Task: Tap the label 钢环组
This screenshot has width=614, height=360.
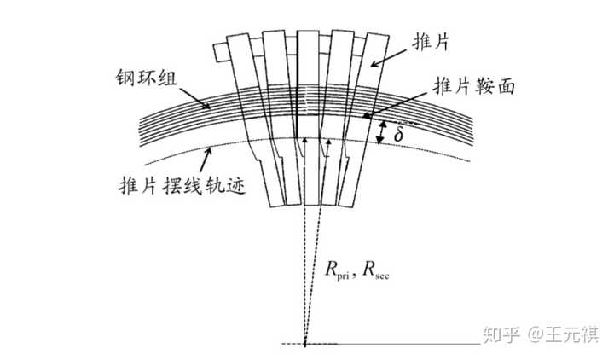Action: tap(147, 78)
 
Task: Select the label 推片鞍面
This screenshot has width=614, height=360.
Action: tap(473, 86)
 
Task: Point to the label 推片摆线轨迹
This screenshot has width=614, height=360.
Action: tap(182, 184)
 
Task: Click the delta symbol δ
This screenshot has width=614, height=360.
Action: tap(398, 135)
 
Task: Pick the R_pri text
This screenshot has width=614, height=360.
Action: tap(337, 270)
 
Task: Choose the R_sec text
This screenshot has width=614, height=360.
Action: tap(376, 270)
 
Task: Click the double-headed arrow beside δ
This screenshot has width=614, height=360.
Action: tap(380, 132)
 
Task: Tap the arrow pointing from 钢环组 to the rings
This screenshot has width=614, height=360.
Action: tap(194, 98)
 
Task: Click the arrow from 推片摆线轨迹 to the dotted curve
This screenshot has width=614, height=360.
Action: tap(206, 160)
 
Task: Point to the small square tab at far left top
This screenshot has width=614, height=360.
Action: tap(221, 52)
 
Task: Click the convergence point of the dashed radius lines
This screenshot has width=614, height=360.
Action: tap(305, 344)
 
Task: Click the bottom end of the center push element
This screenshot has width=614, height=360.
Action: tap(310, 205)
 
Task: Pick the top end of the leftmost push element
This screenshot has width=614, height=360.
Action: tap(238, 35)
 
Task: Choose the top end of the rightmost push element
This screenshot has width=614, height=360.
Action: tap(378, 35)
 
